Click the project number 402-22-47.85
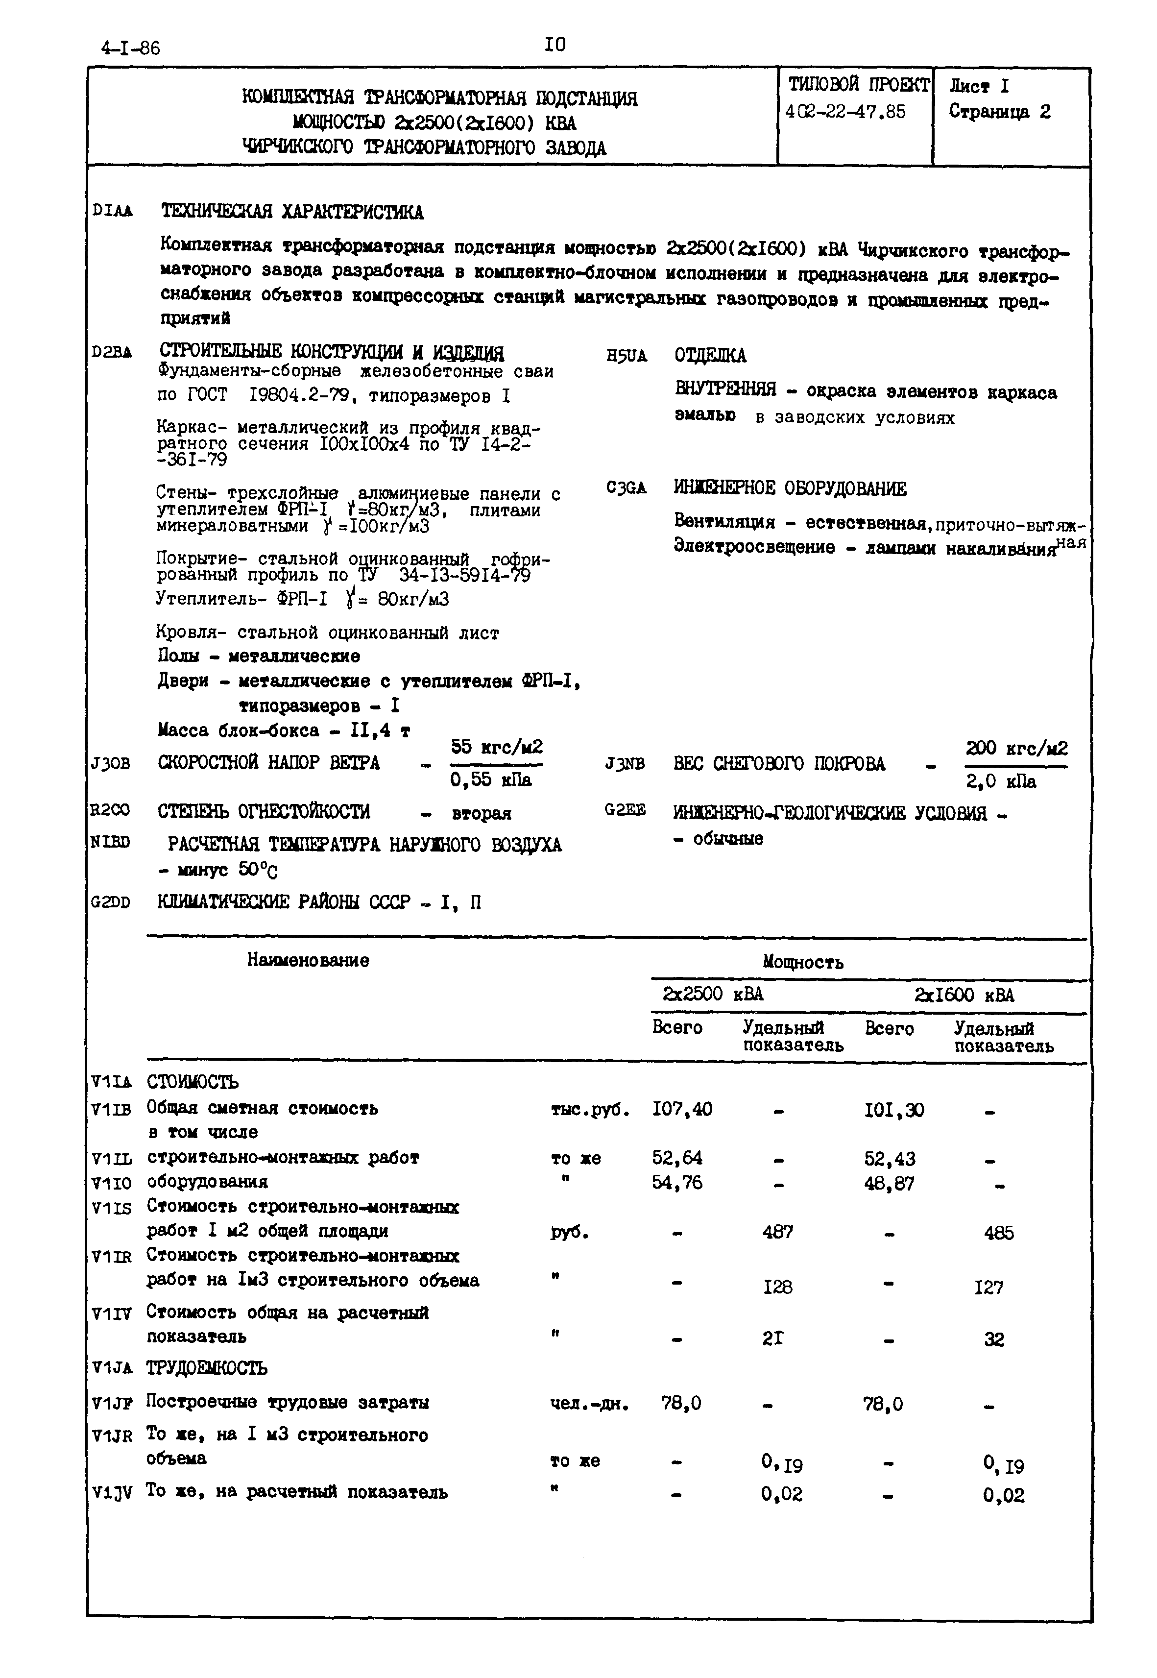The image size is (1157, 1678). tap(845, 112)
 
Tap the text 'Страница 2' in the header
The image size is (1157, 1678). tap(1000, 112)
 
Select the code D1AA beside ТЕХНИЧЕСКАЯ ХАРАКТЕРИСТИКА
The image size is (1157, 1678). tap(113, 211)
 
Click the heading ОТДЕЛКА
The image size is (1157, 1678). tap(710, 355)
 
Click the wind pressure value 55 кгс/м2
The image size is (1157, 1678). tap(497, 747)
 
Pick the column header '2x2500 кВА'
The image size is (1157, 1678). tap(713, 994)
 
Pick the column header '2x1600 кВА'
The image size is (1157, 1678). tap(964, 994)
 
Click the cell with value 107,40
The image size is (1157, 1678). tap(682, 1109)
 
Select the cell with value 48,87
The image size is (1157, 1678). tap(889, 1184)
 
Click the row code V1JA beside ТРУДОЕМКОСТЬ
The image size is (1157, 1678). tap(112, 1368)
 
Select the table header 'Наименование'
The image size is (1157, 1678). tap(308, 960)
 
